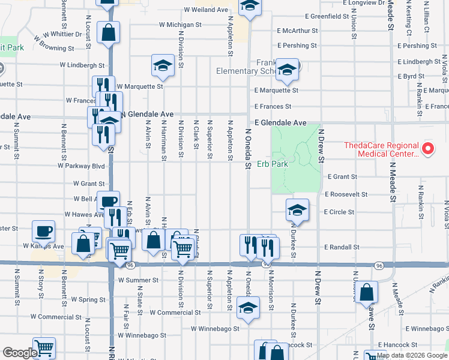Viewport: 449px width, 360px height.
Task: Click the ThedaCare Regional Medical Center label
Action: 380,149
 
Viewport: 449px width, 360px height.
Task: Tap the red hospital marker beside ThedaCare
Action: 427,148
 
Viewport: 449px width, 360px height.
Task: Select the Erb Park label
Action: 273,164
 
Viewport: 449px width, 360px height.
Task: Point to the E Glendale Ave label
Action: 280,122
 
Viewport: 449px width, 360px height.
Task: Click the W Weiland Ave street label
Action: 206,10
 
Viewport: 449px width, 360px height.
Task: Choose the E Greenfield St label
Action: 327,16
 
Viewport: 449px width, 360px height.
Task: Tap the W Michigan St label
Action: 180,25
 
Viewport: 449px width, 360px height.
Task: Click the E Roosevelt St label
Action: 345,194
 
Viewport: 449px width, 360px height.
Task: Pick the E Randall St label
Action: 342,247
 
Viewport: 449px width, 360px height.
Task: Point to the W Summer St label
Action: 138,280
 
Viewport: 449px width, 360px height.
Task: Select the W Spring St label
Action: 88,299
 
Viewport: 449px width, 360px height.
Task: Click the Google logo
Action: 20,353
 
